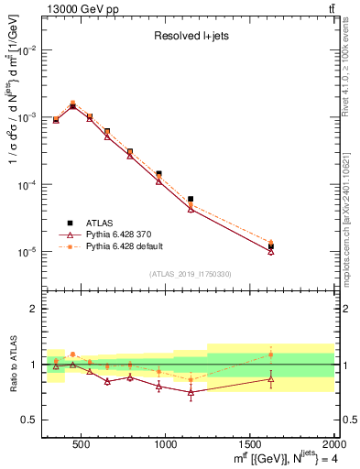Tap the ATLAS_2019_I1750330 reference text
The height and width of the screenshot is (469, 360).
(x=190, y=274)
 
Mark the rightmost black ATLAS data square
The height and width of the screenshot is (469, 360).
(x=271, y=246)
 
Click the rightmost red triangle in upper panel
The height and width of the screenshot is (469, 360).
(x=271, y=251)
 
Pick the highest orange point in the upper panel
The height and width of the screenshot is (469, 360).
(x=72, y=103)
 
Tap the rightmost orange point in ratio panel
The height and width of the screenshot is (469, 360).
(x=271, y=354)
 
